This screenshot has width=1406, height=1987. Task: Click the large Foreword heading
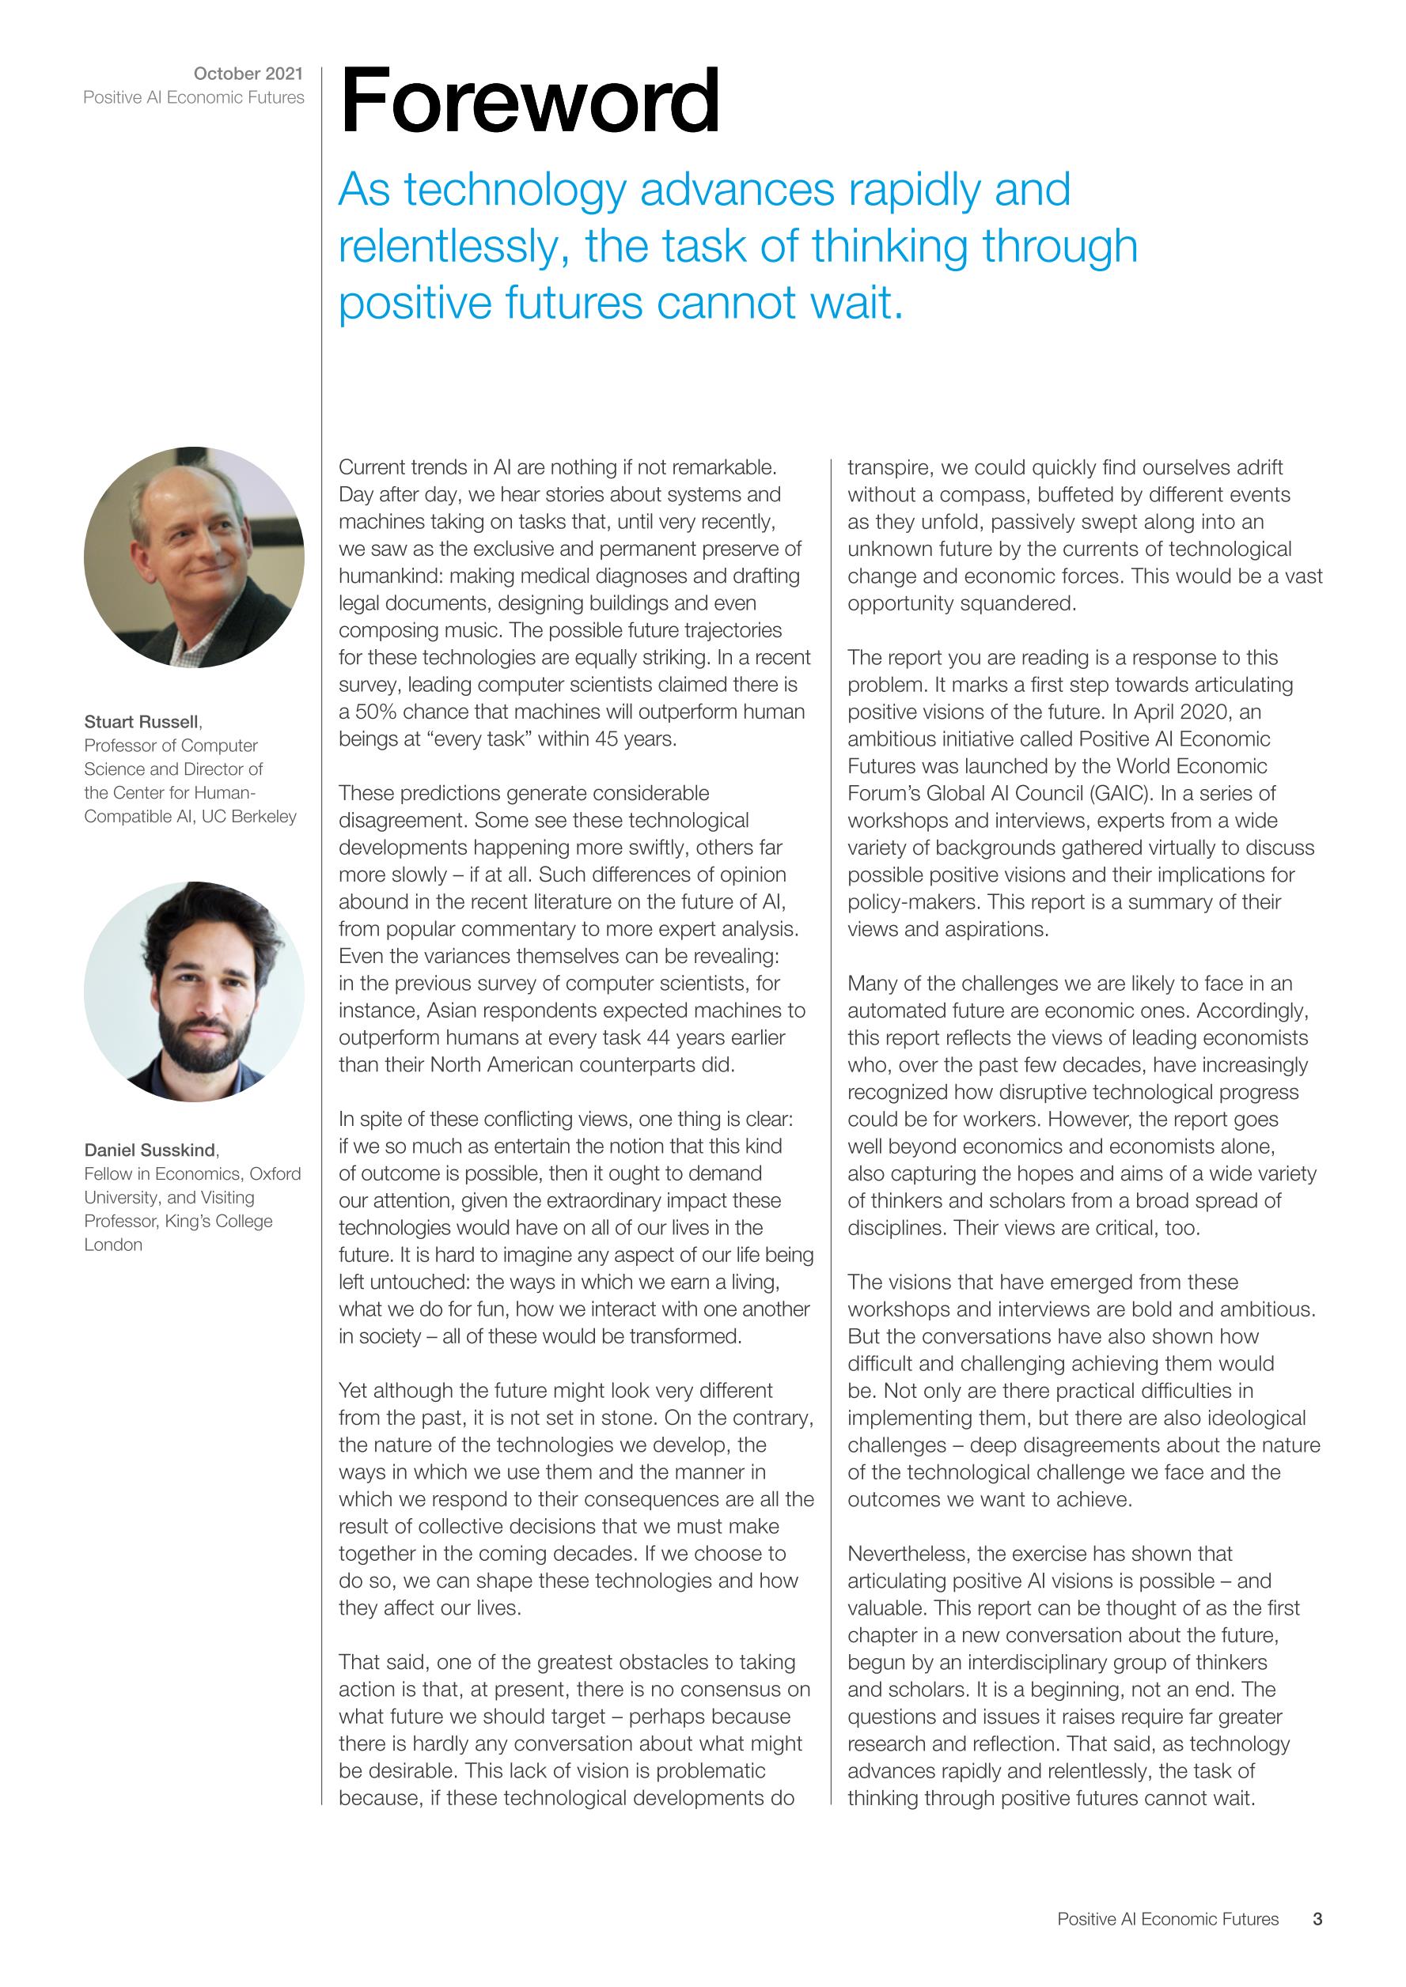point(530,101)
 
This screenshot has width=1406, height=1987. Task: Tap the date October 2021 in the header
point(248,74)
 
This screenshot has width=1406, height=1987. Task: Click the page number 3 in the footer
point(1317,1919)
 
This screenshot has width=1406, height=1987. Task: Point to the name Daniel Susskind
point(150,1150)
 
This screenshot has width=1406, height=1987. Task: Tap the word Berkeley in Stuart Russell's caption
point(263,816)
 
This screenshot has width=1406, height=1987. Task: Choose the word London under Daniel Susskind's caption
point(112,1245)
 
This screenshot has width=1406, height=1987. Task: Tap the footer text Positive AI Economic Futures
point(1167,1919)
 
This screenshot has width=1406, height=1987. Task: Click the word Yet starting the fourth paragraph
point(352,1391)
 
